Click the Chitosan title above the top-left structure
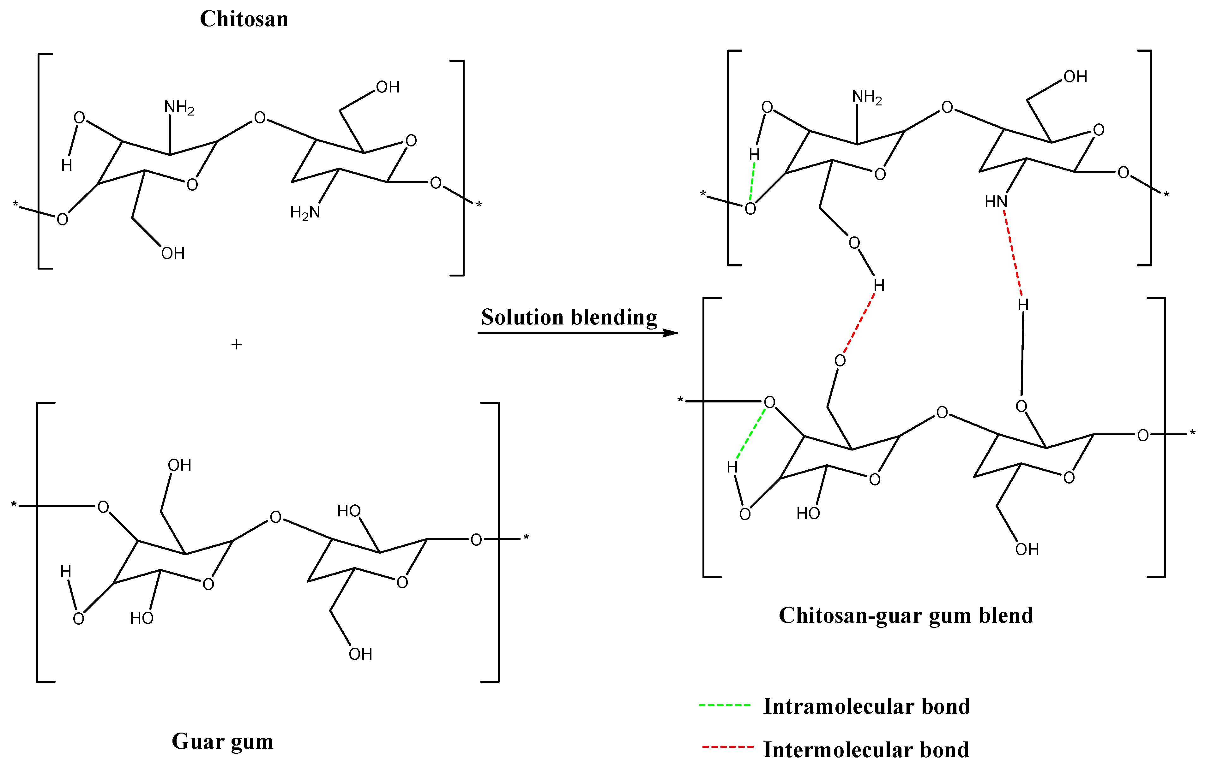tap(244, 19)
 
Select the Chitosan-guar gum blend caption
tap(906, 615)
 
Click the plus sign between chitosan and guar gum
tap(237, 344)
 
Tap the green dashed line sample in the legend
tap(725, 705)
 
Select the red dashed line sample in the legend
tap(728, 747)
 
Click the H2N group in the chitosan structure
tap(305, 212)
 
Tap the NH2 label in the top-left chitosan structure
tap(179, 107)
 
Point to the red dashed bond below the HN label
tap(1013, 253)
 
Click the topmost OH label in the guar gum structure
tap(179, 465)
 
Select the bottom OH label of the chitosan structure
tap(173, 253)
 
